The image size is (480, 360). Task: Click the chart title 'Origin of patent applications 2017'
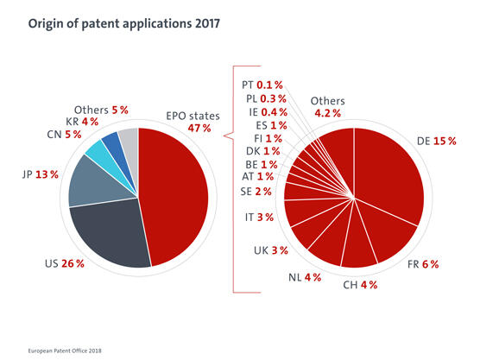pos(117,24)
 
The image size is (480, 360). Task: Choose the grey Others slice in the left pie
pos(128,138)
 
